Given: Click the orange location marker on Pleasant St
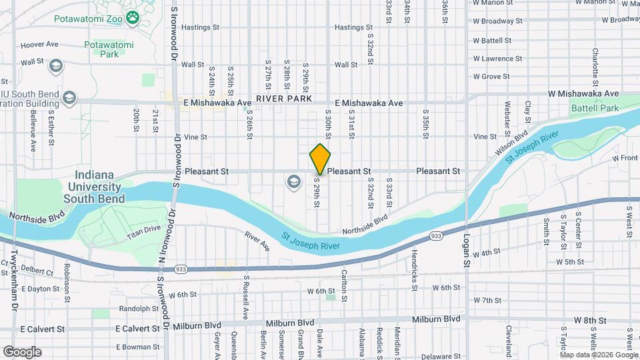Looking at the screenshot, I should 321,159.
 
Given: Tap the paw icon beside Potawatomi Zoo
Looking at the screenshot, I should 132,18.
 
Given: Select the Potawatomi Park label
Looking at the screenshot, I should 109,50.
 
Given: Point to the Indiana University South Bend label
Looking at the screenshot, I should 93,187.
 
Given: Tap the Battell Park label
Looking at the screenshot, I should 595,108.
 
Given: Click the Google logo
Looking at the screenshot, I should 22,352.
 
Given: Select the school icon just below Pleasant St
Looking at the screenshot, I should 292,181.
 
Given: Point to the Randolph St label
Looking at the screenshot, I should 139,309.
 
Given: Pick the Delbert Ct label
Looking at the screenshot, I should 37,272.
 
